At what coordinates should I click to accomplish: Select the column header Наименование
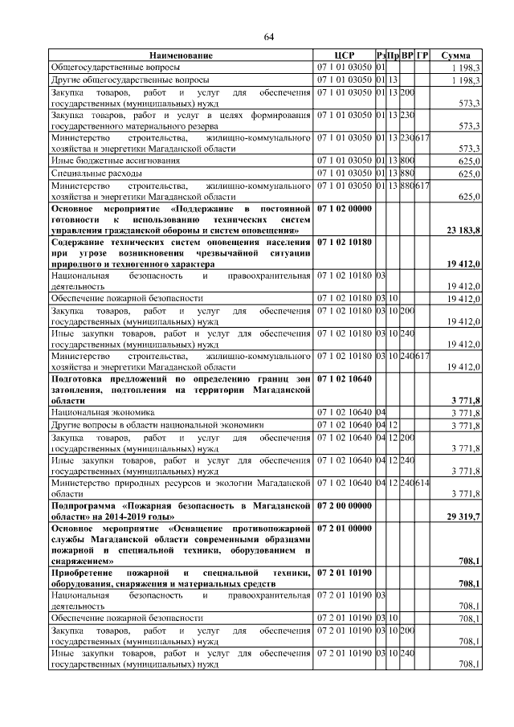[x=181, y=55]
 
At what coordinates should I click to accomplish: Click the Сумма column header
[x=456, y=55]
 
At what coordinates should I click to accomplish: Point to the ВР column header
[x=407, y=55]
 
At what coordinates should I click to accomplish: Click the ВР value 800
[x=407, y=161]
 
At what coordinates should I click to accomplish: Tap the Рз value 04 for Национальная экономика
[x=381, y=413]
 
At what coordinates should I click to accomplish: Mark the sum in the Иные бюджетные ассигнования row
[x=469, y=161]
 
